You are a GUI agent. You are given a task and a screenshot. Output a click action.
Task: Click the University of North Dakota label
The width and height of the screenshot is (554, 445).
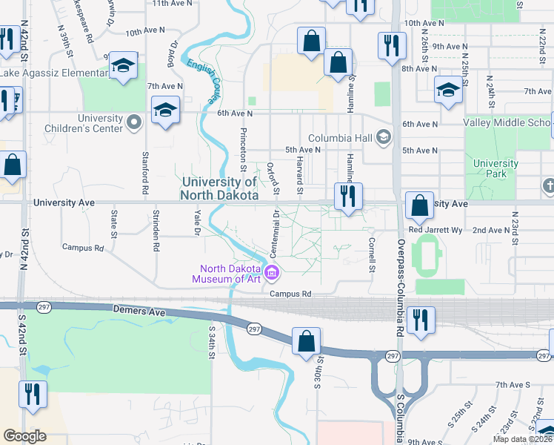[219, 189]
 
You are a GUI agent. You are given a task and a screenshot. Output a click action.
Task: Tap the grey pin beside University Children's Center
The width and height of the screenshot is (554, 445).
[134, 122]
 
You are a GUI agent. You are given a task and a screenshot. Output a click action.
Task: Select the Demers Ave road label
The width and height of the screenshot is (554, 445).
[140, 312]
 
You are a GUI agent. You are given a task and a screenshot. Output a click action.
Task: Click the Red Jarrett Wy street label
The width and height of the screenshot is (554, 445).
[435, 231]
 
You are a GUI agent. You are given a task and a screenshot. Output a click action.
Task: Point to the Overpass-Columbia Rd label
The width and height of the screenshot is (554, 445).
[399, 289]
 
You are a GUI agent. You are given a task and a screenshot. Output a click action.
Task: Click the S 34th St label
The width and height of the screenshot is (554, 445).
[212, 343]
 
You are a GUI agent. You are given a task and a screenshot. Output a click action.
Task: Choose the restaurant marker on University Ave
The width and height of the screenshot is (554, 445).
[347, 197]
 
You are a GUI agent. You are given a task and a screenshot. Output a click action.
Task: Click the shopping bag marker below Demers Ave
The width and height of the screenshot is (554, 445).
[306, 342]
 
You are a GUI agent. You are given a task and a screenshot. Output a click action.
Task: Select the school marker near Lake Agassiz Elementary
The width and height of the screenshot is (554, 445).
[124, 67]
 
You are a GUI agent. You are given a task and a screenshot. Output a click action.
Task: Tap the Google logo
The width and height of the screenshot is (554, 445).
[24, 436]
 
